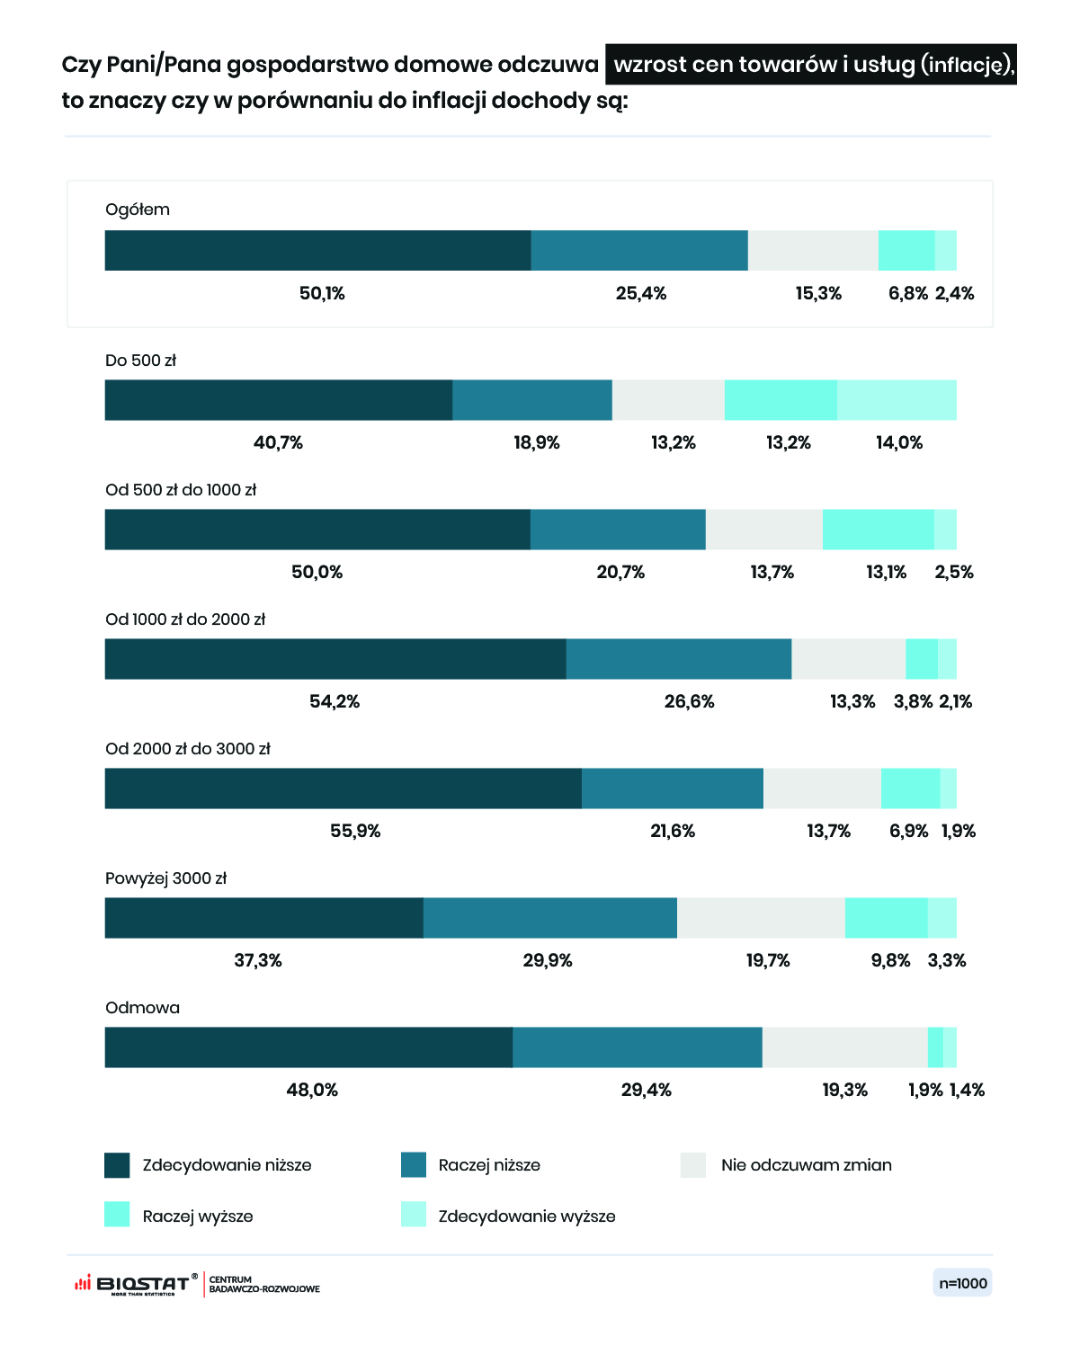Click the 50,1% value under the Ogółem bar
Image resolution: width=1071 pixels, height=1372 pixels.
click(322, 294)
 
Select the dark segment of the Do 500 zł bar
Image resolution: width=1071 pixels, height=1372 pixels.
click(279, 400)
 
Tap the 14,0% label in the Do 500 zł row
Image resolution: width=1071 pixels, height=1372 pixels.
click(899, 442)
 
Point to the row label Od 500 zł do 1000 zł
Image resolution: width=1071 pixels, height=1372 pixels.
click(181, 490)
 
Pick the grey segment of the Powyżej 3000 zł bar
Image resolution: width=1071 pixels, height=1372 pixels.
click(761, 918)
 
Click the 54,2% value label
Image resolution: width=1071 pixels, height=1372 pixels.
click(335, 701)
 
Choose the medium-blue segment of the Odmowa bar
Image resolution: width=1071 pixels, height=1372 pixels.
click(638, 1047)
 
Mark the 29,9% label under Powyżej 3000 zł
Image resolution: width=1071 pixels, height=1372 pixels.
click(548, 960)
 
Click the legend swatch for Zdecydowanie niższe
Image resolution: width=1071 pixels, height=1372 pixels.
click(117, 1165)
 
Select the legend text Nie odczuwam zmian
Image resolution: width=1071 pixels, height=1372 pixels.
click(807, 1165)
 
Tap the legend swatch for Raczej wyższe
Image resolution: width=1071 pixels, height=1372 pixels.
click(117, 1214)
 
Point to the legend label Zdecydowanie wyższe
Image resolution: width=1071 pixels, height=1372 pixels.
click(527, 1216)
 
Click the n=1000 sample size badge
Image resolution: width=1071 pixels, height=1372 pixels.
click(962, 1284)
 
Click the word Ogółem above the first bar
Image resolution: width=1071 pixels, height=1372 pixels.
click(138, 209)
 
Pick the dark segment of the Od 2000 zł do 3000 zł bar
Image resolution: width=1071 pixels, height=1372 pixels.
click(344, 788)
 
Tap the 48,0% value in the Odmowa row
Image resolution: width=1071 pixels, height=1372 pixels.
click(312, 1090)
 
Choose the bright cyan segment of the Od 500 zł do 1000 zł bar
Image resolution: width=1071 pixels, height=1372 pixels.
click(879, 530)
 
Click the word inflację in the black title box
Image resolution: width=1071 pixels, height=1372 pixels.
click(964, 66)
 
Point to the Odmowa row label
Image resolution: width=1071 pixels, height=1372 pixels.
click(142, 1008)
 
